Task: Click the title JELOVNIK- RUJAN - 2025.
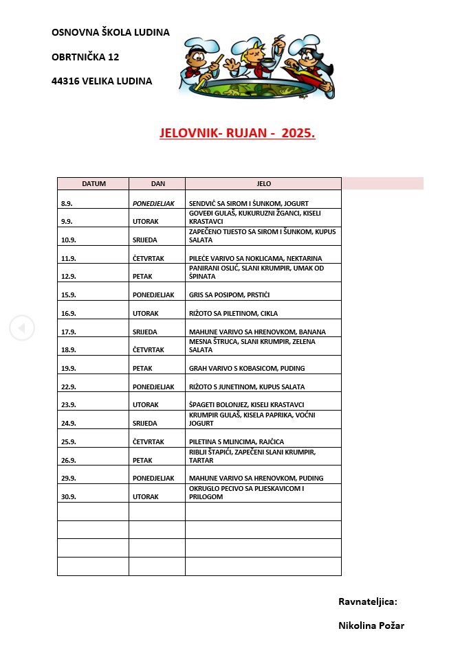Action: point(237,133)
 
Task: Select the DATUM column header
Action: point(94,184)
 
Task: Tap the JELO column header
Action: point(263,184)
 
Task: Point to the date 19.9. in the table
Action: point(69,369)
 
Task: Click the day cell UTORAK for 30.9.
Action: point(146,496)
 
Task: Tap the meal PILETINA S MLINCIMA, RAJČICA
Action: point(237,441)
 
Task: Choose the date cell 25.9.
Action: point(69,441)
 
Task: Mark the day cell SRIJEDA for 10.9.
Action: point(145,240)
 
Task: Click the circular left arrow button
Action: point(21,327)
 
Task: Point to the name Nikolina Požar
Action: point(371,625)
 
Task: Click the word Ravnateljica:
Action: point(368,601)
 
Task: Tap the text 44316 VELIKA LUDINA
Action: point(102,81)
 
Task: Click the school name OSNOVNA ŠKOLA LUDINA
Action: point(110,32)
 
